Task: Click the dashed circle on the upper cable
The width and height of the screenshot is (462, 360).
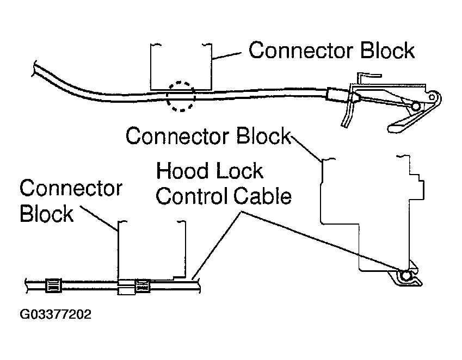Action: (180, 97)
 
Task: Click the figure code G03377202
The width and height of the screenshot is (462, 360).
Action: (55, 315)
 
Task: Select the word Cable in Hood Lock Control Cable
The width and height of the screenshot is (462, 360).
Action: (262, 196)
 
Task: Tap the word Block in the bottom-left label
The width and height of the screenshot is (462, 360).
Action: (46, 214)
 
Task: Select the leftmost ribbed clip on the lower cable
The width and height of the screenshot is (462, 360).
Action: (54, 284)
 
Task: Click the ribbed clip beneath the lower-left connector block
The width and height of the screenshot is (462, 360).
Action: (142, 284)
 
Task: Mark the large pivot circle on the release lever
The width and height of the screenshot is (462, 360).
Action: (416, 107)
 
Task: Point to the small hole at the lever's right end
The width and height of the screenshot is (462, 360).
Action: (433, 98)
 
